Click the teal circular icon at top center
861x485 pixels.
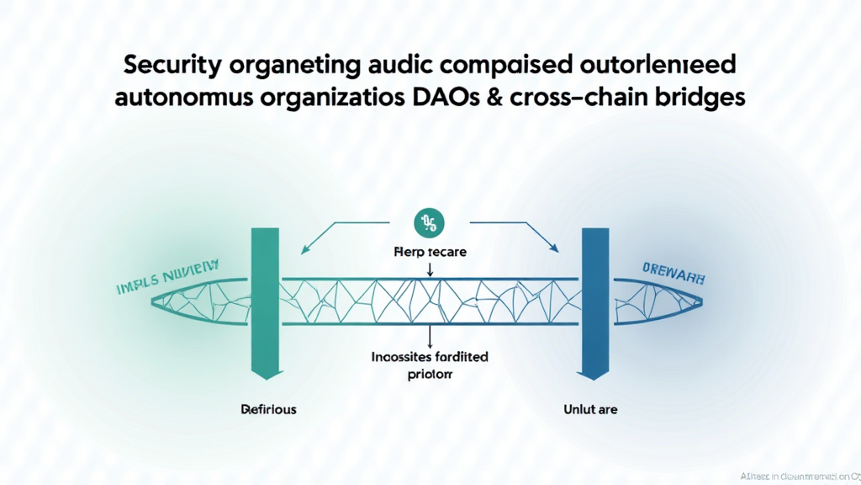430,223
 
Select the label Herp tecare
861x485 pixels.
430,252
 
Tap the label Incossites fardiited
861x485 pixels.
430,357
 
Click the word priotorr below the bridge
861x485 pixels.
430,375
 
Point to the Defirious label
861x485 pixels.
268,409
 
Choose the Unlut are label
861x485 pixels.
590,409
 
